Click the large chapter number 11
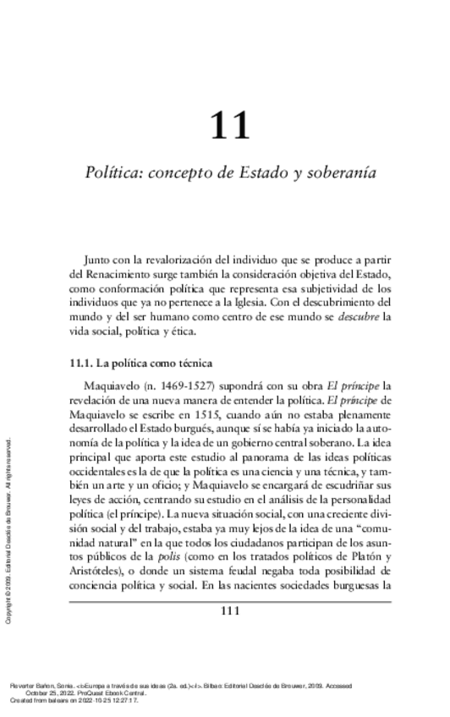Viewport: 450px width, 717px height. pos(230,125)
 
